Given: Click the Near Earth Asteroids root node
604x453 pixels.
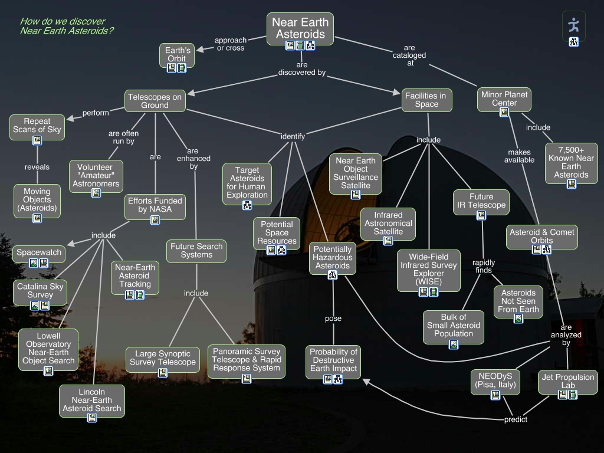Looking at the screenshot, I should [x=300, y=28].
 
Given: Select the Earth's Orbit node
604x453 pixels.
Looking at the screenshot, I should [x=176, y=54].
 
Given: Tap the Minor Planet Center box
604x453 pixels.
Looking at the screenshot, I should [x=504, y=99].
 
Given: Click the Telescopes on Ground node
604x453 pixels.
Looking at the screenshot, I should [x=155, y=101].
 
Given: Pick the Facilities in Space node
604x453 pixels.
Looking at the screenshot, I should [x=426, y=100].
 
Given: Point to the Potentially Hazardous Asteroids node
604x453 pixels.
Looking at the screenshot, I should [x=333, y=258].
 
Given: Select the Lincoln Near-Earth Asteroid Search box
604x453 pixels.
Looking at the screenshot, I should [x=92, y=400].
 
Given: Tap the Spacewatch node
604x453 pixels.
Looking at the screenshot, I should [x=39, y=252].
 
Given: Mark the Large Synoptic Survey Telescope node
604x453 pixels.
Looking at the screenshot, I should [x=162, y=358].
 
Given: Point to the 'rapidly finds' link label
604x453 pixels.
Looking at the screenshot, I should [x=484, y=266].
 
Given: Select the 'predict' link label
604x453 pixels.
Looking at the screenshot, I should [x=516, y=419].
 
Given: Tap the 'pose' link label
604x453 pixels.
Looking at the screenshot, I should [x=333, y=319].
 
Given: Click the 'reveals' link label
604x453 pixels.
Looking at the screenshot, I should [x=37, y=167].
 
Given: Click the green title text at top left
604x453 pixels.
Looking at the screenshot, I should [x=67, y=26].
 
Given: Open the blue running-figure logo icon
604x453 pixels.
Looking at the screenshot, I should [x=573, y=24].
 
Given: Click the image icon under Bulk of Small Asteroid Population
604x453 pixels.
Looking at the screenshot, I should [x=453, y=344].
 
